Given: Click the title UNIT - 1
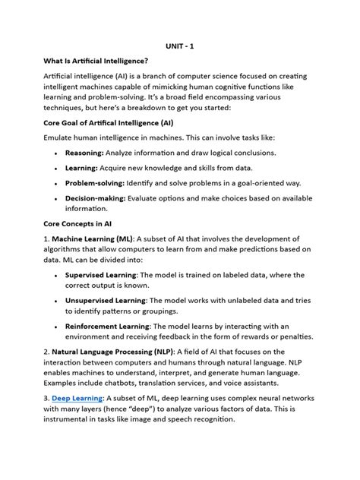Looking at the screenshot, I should pos(180,45).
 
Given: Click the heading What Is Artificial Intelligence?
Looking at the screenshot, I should pos(94,61).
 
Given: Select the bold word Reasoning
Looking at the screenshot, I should pos(84,153).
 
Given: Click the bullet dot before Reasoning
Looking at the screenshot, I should pos(57,154).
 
